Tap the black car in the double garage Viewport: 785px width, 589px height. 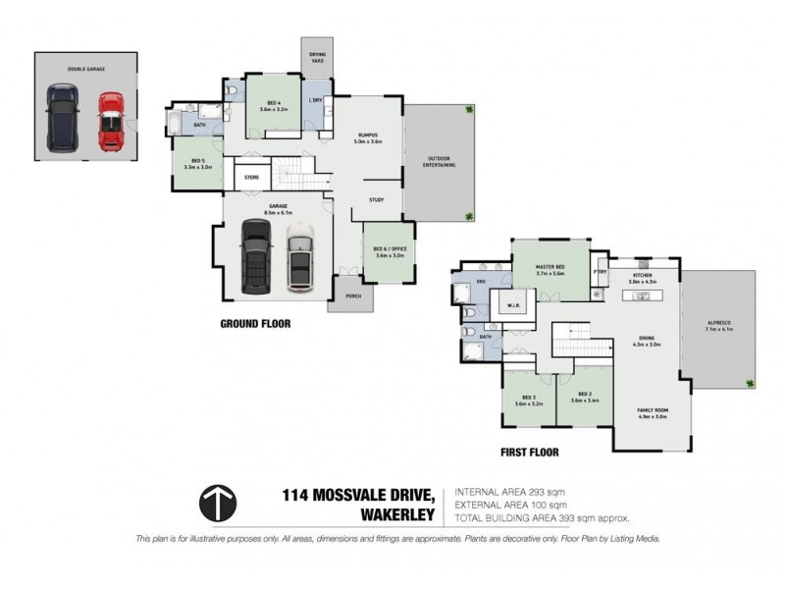(62, 117)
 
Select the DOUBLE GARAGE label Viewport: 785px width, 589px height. (85, 68)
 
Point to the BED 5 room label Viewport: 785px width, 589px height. (198, 163)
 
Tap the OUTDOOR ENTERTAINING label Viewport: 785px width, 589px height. (439, 163)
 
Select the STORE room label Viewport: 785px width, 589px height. (252, 178)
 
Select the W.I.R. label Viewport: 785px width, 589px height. (513, 304)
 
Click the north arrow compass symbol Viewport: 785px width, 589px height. (218, 503)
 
